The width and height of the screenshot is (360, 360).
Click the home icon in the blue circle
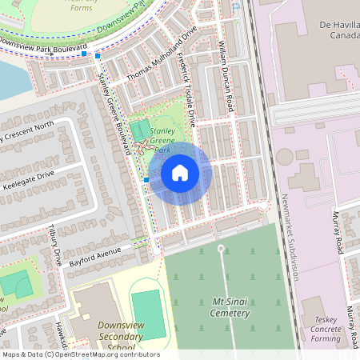point(180,173)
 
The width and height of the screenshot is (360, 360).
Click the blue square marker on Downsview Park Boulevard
point(97,56)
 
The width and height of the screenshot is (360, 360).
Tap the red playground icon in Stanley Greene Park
point(142,146)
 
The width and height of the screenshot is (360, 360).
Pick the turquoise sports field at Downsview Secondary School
point(147,314)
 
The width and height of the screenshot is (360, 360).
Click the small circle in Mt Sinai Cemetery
point(222,249)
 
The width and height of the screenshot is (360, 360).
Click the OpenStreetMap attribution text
point(80,354)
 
